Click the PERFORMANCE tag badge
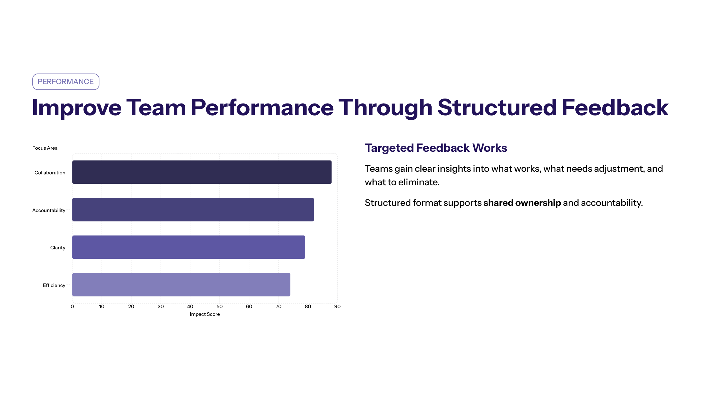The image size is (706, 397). coord(66,82)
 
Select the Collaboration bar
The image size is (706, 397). coord(202,172)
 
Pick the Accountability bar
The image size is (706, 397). coord(193,210)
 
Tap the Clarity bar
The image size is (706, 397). coord(189,247)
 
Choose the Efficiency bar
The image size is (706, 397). coord(181,285)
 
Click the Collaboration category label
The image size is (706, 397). coord(50,173)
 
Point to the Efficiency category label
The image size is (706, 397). coord(54,285)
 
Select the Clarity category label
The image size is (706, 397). coord(58,248)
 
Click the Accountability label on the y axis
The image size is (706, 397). coord(49,210)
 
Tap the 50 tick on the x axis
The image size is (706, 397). coord(219,306)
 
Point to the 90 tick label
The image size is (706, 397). coord(337,306)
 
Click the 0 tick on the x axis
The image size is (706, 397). coord(72,306)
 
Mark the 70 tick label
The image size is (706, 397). coord(278,306)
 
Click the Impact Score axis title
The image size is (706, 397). coord(205,314)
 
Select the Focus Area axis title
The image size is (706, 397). coord(45,148)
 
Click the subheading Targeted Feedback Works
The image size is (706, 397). coord(436,148)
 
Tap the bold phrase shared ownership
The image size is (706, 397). coord(522,203)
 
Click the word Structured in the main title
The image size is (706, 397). coord(497,108)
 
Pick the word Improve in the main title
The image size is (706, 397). coord(76,108)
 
